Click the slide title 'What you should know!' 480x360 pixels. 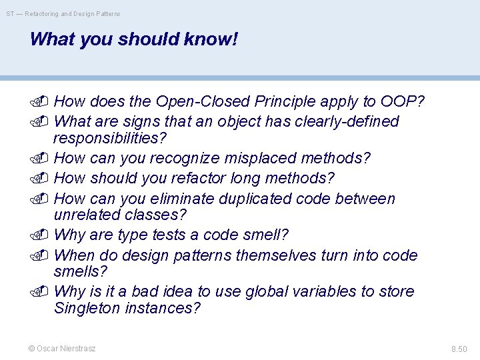133,39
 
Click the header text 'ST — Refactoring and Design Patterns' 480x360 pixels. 63,13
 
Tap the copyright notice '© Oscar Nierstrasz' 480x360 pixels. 62,348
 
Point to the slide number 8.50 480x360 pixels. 459,349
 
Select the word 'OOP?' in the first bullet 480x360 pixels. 403,101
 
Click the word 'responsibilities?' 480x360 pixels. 110,138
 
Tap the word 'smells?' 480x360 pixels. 80,271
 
